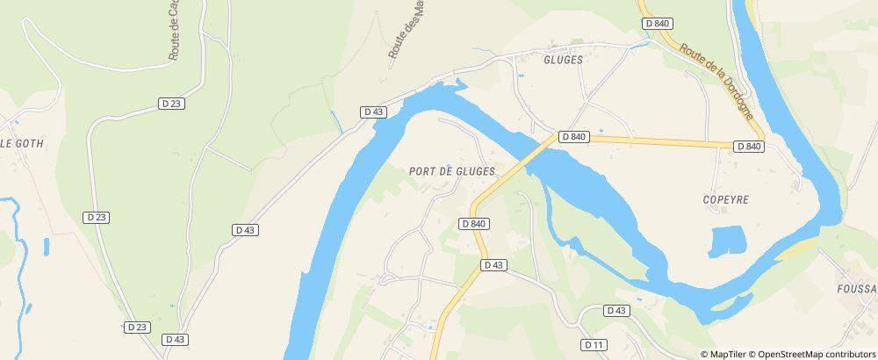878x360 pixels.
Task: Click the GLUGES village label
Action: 564,60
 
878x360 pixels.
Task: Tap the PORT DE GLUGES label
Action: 452,170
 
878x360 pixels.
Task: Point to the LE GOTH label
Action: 21,142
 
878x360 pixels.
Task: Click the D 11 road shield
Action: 594,345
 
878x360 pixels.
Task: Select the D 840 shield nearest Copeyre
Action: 749,147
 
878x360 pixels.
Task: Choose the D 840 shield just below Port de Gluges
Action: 473,224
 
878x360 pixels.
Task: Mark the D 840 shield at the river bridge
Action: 572,136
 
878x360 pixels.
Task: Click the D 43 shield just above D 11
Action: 617,311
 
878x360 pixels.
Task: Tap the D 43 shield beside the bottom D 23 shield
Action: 175,339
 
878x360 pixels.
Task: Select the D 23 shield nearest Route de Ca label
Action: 171,103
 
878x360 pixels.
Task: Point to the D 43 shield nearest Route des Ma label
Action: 374,112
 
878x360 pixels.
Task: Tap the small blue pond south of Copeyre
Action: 726,241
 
